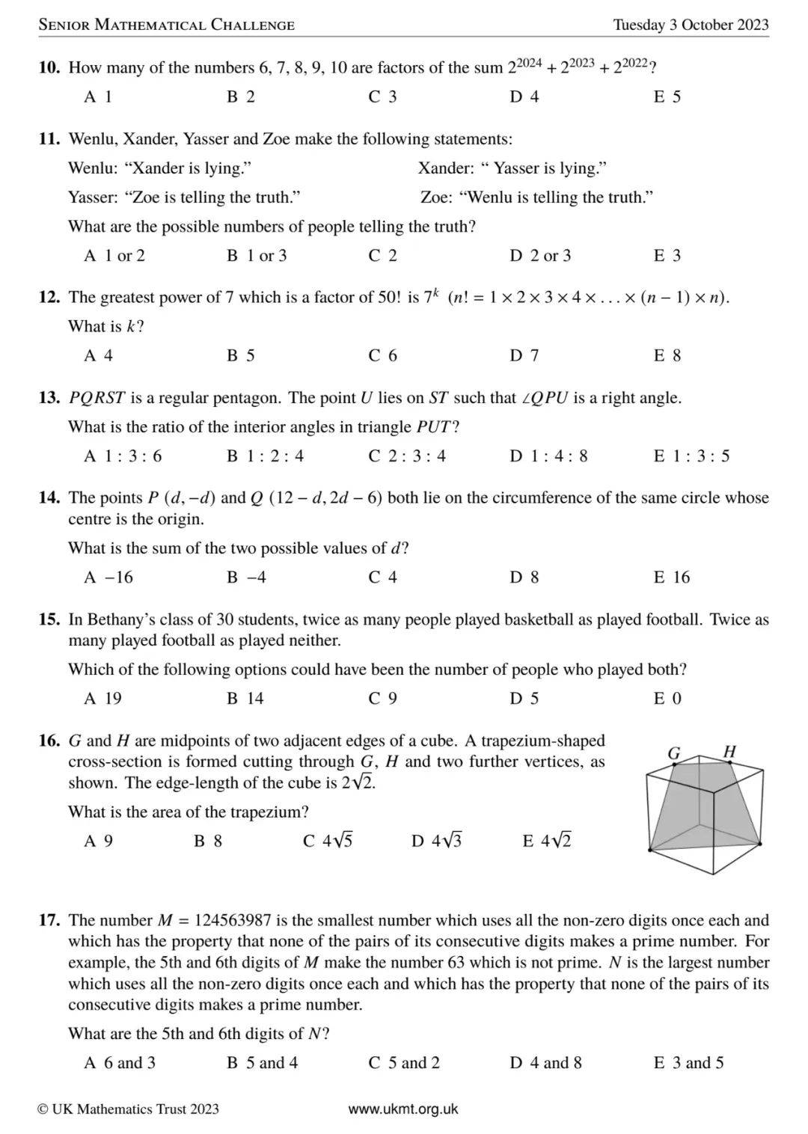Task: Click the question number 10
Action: coord(49,68)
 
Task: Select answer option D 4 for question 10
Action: coord(524,96)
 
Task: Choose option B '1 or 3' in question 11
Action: coord(257,256)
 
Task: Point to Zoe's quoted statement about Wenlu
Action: coord(556,197)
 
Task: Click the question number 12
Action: coord(49,298)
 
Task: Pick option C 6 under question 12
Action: coord(382,355)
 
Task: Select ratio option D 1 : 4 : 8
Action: coord(548,456)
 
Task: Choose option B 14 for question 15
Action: coord(245,698)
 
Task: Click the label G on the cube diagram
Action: coord(674,753)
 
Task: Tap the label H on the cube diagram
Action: coord(730,751)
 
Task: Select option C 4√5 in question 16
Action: coord(328,841)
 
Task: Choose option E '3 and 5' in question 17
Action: coord(688,1062)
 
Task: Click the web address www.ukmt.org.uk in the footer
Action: coord(403,1109)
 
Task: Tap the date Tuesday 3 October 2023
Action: coord(691,25)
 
